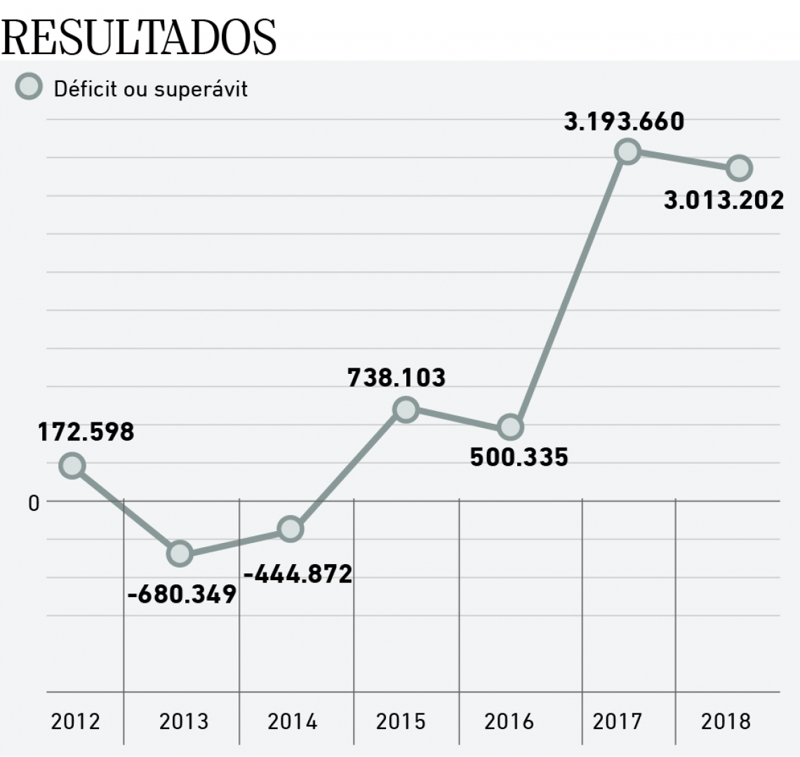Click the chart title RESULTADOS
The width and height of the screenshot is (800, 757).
[x=139, y=36]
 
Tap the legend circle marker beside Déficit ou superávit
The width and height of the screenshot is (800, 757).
[x=29, y=88]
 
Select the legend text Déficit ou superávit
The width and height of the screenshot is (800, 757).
[x=151, y=89]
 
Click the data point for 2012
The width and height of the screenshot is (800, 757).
[x=72, y=465]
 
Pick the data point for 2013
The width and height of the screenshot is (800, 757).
[x=180, y=554]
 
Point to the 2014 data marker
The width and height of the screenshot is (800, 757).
[x=290, y=529]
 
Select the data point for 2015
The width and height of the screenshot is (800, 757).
[x=406, y=409]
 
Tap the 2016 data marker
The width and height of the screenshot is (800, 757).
[x=510, y=427]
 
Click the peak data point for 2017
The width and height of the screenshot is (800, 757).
[x=627, y=151]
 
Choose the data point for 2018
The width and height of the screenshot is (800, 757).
[x=739, y=168]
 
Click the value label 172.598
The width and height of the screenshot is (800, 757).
[x=86, y=431]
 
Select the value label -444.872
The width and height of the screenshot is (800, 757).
[x=298, y=574]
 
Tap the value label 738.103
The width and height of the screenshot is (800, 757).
[x=396, y=377]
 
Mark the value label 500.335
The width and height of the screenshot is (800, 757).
[x=519, y=457]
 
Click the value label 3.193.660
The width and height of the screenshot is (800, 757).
[x=624, y=121]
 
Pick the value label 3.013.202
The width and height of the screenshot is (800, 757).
[x=724, y=200]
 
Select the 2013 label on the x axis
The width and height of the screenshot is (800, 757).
[x=183, y=721]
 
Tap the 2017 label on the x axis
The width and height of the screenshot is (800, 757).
[x=617, y=721]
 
